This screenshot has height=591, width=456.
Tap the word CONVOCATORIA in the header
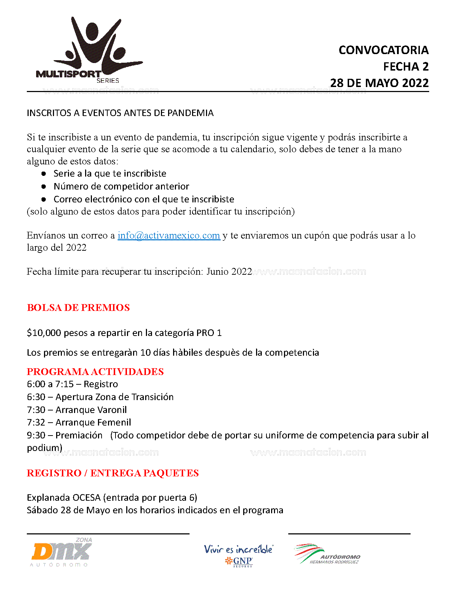[383, 50]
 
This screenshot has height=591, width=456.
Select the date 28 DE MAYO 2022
[379, 83]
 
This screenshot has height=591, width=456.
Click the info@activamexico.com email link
[168, 235]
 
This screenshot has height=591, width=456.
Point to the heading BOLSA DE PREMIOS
[78, 308]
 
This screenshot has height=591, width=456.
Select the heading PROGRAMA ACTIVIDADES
[95, 371]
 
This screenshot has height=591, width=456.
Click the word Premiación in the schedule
[79, 435]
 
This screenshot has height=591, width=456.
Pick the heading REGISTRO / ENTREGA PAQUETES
[113, 473]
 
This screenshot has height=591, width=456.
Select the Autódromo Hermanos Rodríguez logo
[327, 554]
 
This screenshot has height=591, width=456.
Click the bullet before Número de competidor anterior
[44, 186]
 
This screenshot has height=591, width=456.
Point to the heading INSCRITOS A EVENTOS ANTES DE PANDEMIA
[120, 113]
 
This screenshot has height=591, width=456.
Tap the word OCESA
[87, 498]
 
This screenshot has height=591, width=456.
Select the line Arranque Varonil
[91, 409]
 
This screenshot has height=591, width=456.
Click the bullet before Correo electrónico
[44, 199]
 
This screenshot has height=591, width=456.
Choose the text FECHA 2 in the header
[406, 67]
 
